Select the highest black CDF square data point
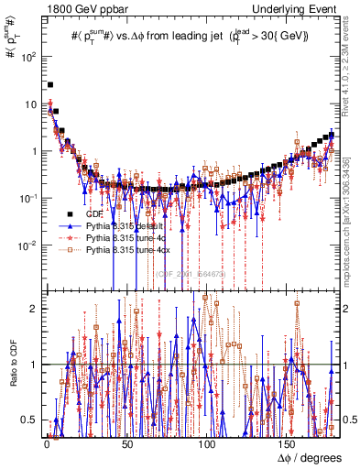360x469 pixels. point(50,85)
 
